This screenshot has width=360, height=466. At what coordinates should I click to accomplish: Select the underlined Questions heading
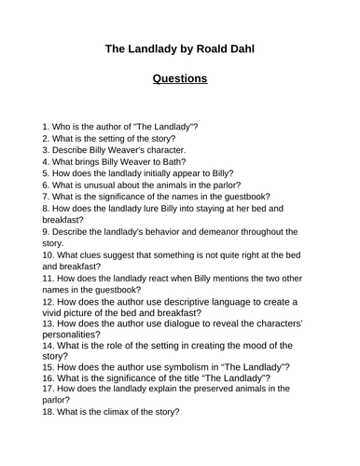[x=180, y=78]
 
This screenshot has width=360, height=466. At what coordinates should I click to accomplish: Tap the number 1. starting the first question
[x=47, y=125]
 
